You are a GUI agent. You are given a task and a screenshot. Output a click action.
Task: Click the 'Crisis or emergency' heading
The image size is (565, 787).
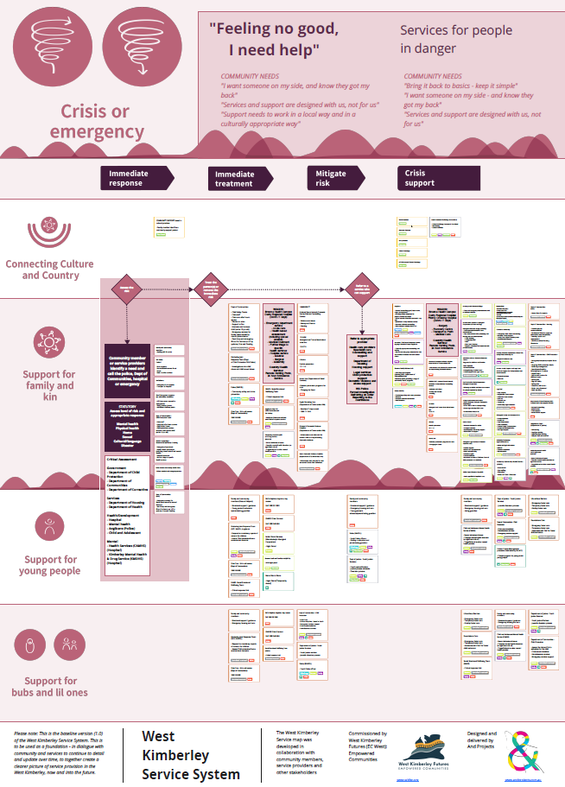click(97, 121)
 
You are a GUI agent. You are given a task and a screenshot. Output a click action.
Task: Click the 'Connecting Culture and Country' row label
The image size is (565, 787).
click(51, 270)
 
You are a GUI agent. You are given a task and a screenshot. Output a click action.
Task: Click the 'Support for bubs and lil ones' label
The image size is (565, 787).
click(49, 687)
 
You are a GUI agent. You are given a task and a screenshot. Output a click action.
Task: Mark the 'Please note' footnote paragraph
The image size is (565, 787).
click(67, 753)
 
